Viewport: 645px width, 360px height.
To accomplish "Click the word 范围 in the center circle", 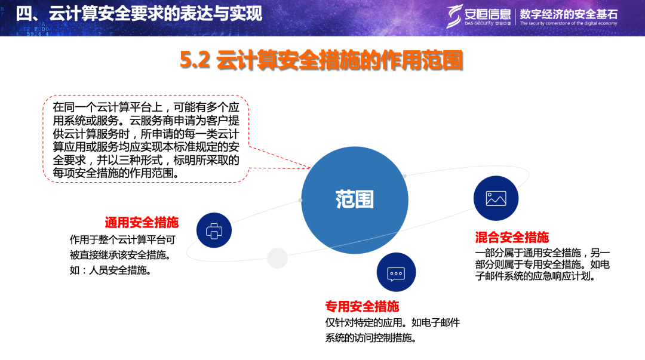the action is (x=354, y=199).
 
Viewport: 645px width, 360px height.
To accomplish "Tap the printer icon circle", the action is (x=214, y=230).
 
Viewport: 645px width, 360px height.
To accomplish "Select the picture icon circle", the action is (x=496, y=198).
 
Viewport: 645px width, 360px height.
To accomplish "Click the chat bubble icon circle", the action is (x=396, y=272).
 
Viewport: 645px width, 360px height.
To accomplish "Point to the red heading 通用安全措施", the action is (x=142, y=223).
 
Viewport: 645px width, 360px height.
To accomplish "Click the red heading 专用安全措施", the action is (x=362, y=306).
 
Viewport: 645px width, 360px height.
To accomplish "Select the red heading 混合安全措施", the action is (x=512, y=238).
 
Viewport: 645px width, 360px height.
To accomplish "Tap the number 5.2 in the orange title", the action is (x=195, y=60).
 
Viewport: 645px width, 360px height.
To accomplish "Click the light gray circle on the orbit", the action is (x=277, y=258).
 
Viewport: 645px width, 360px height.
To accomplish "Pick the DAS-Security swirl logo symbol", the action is (x=454, y=16).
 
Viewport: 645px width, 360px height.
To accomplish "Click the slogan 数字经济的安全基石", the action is (x=569, y=14).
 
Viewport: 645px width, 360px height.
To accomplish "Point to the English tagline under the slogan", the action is (x=569, y=23).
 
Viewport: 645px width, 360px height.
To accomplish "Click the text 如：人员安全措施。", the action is (x=110, y=270).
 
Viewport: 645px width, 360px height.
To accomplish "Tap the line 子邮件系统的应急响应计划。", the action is (x=536, y=276).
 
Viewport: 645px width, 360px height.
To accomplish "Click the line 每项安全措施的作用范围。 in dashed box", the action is (x=116, y=173).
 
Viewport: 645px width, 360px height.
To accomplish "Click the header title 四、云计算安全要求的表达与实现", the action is (x=139, y=14).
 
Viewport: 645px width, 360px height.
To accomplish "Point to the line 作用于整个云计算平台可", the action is (x=122, y=240).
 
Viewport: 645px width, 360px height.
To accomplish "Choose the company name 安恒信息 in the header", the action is (x=487, y=14).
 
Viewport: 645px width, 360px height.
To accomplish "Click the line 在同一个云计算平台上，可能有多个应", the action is (x=146, y=107).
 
